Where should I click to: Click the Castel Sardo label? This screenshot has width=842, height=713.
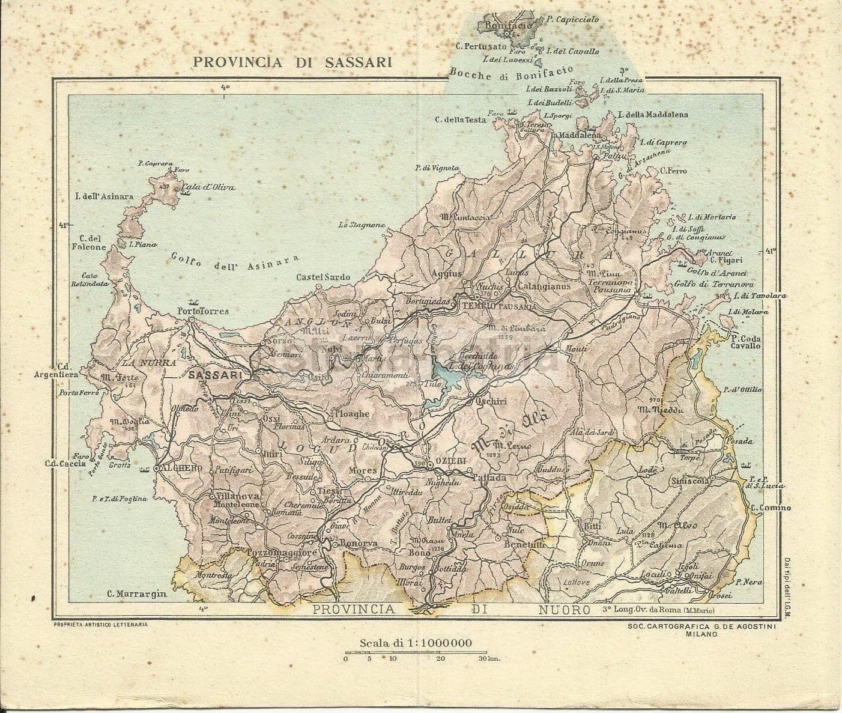pyautogui.click(x=323, y=278)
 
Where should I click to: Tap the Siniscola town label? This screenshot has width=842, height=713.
pyautogui.click(x=691, y=481)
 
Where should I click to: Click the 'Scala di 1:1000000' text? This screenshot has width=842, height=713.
pyautogui.click(x=416, y=643)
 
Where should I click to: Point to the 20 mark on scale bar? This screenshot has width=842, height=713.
pyautogui.click(x=440, y=658)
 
